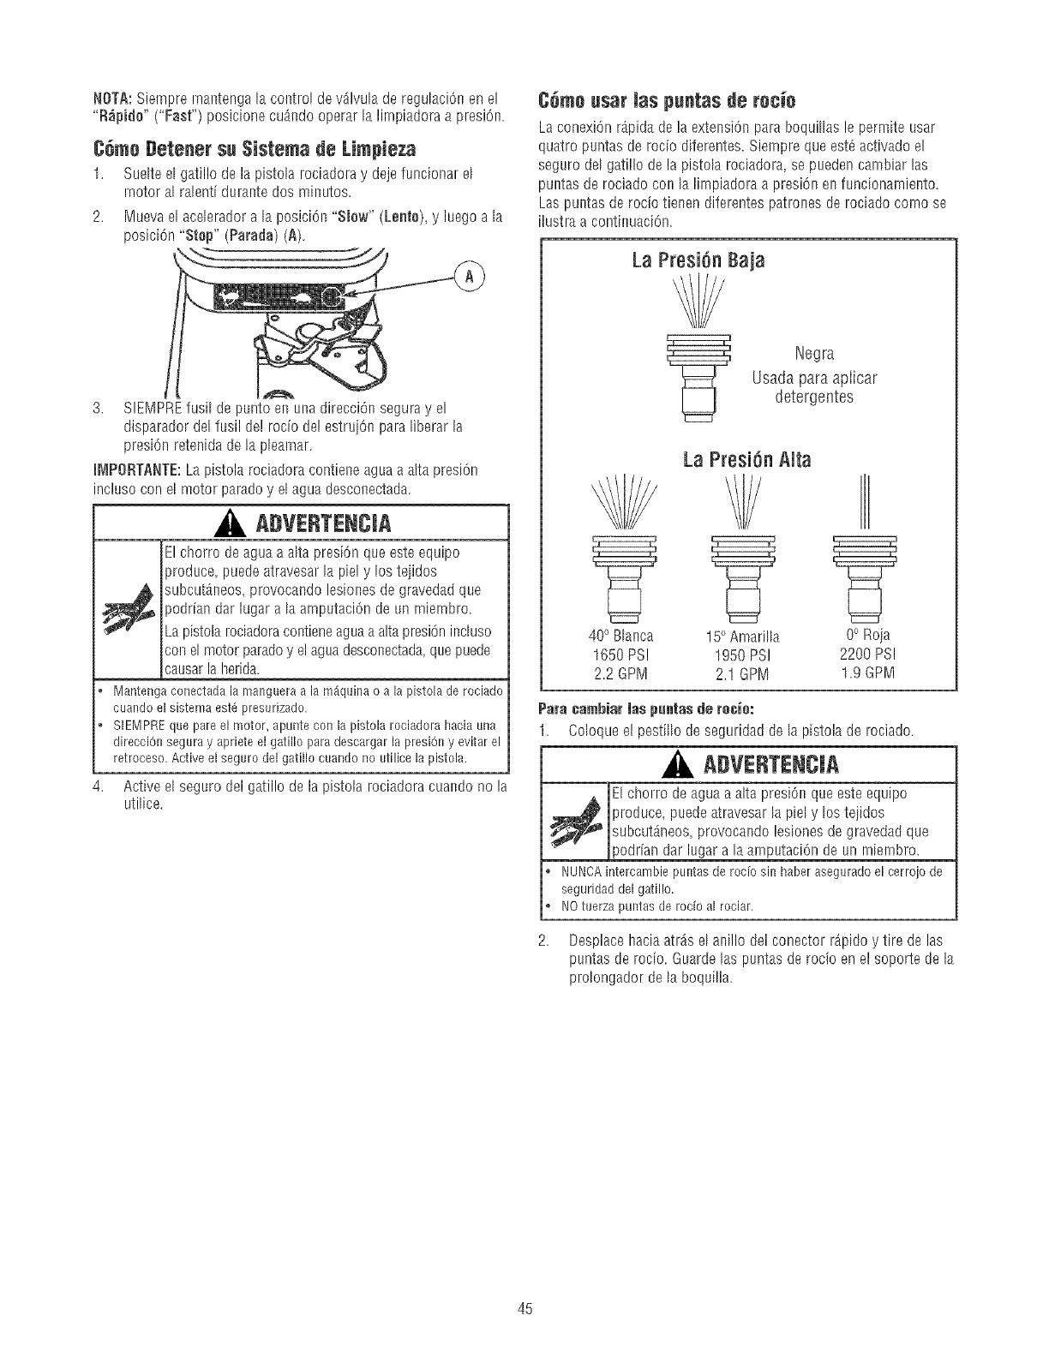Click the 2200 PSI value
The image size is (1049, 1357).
coord(864,654)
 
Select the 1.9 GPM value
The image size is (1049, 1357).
coord(864,672)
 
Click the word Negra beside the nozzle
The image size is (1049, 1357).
coord(813,354)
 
